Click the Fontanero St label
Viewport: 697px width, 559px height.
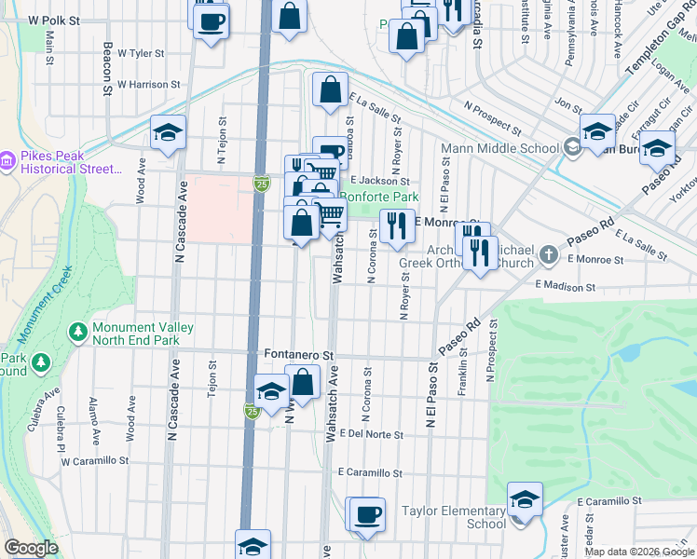coord(298,355)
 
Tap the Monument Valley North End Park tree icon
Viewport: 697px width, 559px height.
coord(77,332)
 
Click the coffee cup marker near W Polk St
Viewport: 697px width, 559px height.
coord(212,19)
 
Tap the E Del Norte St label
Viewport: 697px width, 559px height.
coord(371,435)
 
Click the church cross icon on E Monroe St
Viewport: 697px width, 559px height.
coord(550,253)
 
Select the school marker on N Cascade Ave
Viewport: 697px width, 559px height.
coord(168,133)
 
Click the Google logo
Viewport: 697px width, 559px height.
coord(31,548)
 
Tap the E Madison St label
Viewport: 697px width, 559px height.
coord(564,289)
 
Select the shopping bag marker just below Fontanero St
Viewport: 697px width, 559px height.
coord(302,381)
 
